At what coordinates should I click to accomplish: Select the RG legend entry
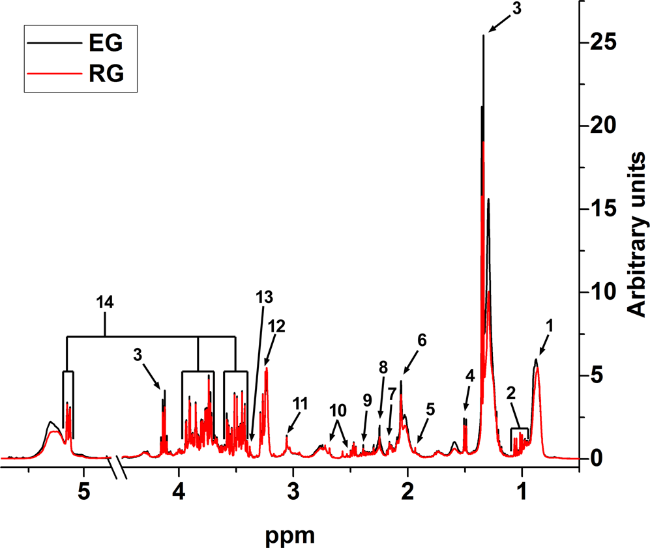coord(104,75)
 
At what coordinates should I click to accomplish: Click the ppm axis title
coord(291,536)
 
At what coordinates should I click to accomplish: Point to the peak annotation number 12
coord(276,325)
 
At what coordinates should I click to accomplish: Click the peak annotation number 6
coord(421,339)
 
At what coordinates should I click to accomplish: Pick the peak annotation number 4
coord(469,375)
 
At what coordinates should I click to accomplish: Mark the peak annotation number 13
coord(263,296)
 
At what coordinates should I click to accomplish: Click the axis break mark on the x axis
coord(118,467)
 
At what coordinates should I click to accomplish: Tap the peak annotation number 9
coord(368,399)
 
